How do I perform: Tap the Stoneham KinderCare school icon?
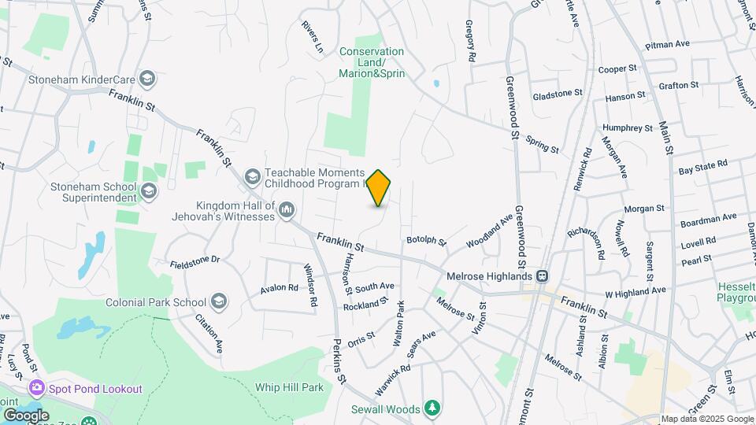point(146,79)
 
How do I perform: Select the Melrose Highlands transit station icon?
point(542,276)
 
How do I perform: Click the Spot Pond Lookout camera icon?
point(36,388)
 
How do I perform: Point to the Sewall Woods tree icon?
point(432,408)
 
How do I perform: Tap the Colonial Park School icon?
point(219,302)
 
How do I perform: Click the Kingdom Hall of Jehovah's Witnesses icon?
point(287,209)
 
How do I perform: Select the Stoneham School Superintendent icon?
point(148,191)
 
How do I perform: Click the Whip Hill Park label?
point(289,387)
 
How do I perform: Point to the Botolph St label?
point(426,240)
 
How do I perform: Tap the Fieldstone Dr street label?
point(193,258)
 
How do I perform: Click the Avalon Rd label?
point(280,289)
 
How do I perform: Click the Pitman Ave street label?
point(667,45)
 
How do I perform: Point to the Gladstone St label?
point(557,93)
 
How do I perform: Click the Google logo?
point(26,415)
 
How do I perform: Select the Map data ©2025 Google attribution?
point(707,419)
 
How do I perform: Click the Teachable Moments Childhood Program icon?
point(253,175)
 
